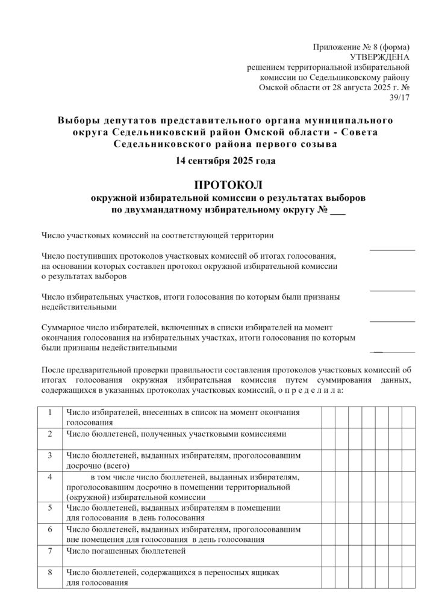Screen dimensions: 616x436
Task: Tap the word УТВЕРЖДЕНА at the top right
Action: tap(384, 57)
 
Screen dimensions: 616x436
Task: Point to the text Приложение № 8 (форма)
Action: tap(361, 47)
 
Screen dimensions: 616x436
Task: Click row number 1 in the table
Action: tap(49, 412)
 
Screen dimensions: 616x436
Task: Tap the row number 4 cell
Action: tap(49, 477)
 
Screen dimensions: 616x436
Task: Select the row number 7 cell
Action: tap(49, 550)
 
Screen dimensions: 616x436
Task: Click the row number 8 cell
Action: tap(49, 572)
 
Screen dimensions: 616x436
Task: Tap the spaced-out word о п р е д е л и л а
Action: tap(309, 390)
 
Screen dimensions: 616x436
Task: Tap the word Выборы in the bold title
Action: tap(76, 120)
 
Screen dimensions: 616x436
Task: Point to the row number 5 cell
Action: tap(49, 508)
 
